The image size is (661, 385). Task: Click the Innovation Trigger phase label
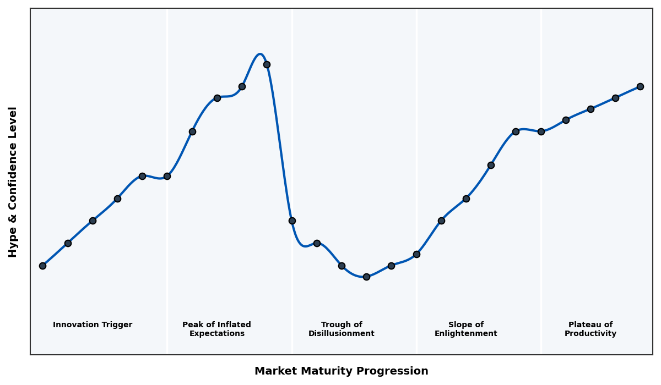coord(93,325)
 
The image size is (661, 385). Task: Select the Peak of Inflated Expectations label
coord(216,329)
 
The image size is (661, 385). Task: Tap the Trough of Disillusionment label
coord(342,329)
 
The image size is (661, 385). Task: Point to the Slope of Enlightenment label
coord(465,329)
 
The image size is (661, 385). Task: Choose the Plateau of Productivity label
coord(590,329)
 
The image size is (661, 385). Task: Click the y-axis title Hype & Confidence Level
coord(13,182)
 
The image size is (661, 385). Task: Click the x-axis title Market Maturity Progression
coord(341,371)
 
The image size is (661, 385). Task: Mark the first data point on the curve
coord(42,266)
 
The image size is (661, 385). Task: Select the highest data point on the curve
coord(267,64)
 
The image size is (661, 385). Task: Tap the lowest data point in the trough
coord(366,277)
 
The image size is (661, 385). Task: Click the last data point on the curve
coord(640,86)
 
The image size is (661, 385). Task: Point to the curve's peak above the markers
coord(260,54)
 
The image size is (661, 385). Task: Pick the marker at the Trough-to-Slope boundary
coord(416,254)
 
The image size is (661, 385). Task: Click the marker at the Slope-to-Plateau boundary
coord(541,131)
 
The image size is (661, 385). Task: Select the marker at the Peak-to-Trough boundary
coord(292,221)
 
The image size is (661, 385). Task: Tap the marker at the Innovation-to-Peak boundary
coord(167,176)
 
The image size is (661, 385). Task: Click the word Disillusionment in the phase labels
coord(342,334)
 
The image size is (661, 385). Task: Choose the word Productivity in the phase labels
coord(590,334)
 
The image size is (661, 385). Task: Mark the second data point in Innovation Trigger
coord(68,243)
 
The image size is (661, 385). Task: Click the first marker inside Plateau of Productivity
coord(566,120)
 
